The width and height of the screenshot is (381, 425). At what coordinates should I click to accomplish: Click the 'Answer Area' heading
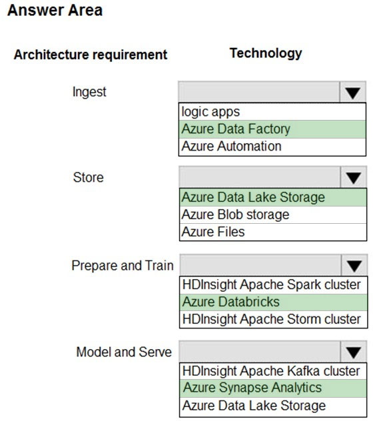point(55,10)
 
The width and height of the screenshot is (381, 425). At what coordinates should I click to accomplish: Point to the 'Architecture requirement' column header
point(91,55)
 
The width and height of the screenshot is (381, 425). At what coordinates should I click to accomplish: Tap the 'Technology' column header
point(266,53)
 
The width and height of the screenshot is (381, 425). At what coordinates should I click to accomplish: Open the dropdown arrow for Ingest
point(352,92)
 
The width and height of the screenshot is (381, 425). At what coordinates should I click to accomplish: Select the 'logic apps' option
point(210,112)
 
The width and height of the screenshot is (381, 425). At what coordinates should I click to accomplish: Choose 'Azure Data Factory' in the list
point(236,129)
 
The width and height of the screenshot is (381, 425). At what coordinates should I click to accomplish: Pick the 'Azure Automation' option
point(231,146)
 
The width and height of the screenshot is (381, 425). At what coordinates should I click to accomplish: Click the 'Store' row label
point(89,178)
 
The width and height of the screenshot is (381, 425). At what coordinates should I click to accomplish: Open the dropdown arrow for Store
point(353,178)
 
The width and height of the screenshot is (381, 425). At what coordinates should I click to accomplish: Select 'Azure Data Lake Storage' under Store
point(253,197)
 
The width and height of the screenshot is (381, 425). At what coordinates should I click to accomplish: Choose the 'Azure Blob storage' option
point(235,214)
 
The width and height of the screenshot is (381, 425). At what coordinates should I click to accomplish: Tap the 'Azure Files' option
point(213,232)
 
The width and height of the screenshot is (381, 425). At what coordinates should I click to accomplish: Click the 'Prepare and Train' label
point(123,265)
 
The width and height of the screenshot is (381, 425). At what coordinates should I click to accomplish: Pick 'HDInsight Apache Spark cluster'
point(272,284)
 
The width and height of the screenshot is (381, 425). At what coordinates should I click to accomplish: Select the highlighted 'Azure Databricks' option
point(231,302)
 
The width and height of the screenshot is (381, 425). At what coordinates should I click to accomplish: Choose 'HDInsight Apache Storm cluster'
point(272,319)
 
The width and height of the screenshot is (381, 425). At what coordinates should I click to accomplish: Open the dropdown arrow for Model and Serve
point(354,352)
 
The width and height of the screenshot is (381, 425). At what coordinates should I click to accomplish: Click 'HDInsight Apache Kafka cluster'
point(271,371)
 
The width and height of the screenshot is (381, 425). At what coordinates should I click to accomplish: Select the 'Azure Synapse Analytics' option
point(252,388)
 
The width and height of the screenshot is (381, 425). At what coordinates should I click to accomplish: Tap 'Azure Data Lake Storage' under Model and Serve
point(254,406)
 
